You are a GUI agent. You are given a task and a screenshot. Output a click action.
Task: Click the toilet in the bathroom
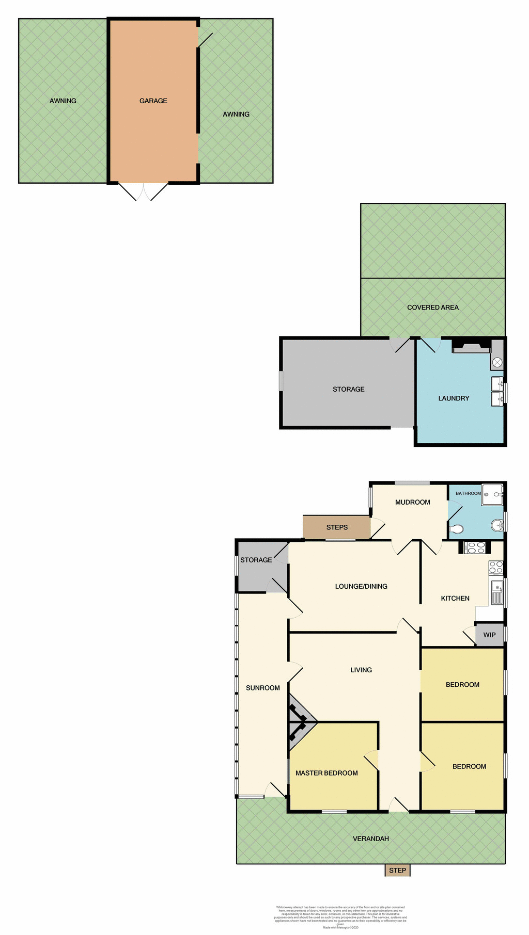click(x=456, y=529)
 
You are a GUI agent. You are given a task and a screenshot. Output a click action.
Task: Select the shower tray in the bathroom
click(x=492, y=494)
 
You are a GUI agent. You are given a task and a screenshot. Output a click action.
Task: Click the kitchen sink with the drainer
click(x=497, y=592)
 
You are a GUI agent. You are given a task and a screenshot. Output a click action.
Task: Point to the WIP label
click(x=489, y=635)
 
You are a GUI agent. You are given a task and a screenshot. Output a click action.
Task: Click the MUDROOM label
click(x=412, y=502)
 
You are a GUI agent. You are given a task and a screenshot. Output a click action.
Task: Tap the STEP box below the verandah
click(x=397, y=870)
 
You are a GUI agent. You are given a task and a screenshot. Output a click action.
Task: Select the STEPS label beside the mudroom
click(x=337, y=527)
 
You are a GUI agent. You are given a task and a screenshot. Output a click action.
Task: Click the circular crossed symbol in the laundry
click(x=497, y=363)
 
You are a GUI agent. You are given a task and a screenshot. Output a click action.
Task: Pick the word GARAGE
click(x=153, y=101)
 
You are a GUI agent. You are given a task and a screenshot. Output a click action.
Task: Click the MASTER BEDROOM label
click(x=326, y=773)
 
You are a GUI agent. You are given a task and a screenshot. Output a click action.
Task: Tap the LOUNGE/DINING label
click(x=361, y=586)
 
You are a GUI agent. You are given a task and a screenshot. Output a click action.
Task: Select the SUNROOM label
click(x=263, y=688)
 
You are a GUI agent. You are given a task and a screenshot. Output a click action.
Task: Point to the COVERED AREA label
click(x=433, y=308)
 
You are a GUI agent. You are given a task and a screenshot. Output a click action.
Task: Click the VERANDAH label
click(x=371, y=839)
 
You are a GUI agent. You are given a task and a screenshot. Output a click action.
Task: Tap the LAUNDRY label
click(x=454, y=398)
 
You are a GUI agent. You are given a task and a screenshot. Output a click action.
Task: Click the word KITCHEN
click(x=455, y=599)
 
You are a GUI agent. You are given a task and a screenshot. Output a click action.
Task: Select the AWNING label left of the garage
click(x=63, y=101)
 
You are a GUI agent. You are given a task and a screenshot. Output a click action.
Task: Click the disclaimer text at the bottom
click(x=340, y=916)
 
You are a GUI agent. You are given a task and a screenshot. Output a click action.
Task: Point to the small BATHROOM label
click(x=468, y=493)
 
